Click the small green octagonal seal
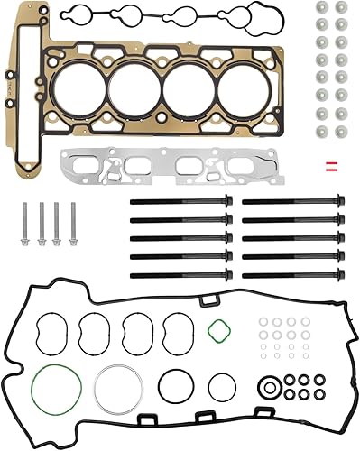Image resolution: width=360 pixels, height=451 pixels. point(217,331)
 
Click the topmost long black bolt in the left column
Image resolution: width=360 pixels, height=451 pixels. point(180,201)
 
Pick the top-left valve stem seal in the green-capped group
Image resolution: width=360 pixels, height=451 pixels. point(321,7)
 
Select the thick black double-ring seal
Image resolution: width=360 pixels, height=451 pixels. point(268,389)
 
